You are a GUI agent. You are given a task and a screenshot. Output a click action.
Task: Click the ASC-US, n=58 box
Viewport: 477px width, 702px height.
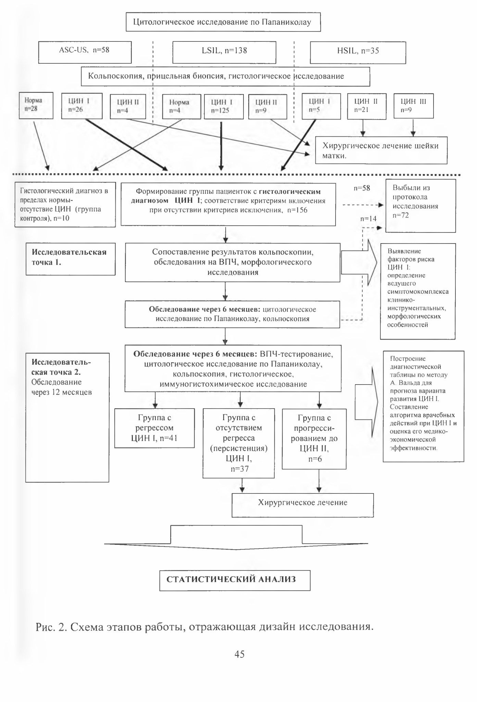coord(85,52)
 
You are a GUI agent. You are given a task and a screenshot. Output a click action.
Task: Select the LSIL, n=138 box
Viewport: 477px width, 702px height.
coord(224,52)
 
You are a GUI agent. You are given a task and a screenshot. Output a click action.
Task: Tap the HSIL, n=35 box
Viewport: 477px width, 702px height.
coord(358,52)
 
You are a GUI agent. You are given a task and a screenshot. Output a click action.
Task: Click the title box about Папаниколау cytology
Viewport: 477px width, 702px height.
coord(223,22)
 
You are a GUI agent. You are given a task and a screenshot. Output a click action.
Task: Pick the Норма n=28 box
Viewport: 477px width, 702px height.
coord(36,105)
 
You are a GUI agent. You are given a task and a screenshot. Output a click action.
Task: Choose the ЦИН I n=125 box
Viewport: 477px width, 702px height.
coord(224,106)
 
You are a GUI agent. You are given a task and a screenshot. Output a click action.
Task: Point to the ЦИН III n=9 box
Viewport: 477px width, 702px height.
coord(414,106)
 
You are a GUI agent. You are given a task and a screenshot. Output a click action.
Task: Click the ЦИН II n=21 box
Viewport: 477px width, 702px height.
coord(367,106)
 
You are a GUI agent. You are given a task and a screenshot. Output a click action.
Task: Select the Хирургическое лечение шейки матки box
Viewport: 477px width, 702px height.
coord(381,150)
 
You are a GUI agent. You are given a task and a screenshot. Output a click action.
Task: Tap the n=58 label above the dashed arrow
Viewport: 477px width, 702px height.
coord(362,188)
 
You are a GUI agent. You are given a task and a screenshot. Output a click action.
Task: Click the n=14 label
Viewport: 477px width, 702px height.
coord(368,219)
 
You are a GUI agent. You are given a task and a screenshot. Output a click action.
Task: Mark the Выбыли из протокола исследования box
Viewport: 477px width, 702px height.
coord(421,206)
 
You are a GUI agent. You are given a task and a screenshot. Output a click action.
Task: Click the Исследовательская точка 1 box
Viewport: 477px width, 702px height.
coord(71,259)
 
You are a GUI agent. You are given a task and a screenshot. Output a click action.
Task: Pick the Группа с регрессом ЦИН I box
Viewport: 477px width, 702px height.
coord(154,428)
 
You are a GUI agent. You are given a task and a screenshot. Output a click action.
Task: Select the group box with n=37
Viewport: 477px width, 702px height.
coord(239,443)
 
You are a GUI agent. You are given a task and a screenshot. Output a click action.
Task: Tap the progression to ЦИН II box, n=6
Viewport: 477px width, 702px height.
coord(314,439)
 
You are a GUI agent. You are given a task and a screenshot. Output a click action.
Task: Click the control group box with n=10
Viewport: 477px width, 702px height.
coord(65,204)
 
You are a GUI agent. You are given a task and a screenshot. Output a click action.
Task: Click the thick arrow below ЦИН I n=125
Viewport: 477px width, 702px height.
coord(221,146)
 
